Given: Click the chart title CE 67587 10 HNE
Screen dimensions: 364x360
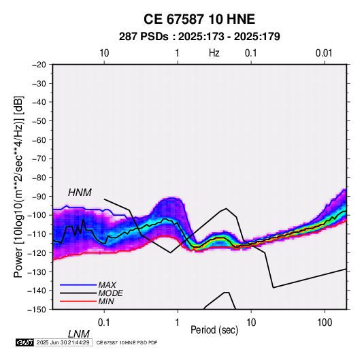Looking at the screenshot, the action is click(x=199, y=19).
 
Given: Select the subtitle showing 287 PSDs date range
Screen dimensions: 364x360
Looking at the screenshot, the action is click(x=199, y=37).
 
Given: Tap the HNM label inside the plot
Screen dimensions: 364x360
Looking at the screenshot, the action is click(x=80, y=193).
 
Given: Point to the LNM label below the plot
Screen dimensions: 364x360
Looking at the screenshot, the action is click(x=79, y=334).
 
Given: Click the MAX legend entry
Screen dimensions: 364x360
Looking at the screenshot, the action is click(x=107, y=284).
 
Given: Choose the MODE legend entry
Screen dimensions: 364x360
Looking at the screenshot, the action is click(x=110, y=293).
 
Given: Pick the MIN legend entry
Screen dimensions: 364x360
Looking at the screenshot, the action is click(x=106, y=301).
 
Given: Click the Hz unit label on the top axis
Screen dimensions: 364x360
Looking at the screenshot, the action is click(x=214, y=53).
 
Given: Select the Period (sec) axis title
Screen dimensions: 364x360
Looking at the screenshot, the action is click(x=214, y=330).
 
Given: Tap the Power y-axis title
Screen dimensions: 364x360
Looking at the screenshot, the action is click(x=18, y=187).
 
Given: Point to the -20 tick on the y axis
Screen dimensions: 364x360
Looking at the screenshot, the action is click(x=39, y=65).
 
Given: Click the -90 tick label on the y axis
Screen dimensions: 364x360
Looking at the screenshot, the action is click(x=39, y=196).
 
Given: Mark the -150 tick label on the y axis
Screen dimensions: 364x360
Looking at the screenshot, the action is click(x=37, y=310).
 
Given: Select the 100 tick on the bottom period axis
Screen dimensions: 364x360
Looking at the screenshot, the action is click(x=325, y=323).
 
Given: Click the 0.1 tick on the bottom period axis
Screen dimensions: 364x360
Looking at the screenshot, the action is click(x=104, y=323).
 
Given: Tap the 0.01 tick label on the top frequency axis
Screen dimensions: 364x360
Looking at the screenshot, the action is click(x=324, y=53).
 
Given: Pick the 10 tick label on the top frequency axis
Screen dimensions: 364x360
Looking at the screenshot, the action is click(x=104, y=53).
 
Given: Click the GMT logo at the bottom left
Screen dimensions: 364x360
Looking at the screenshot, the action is click(x=25, y=342).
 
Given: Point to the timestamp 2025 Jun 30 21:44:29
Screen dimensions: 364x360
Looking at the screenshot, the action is click(x=63, y=342).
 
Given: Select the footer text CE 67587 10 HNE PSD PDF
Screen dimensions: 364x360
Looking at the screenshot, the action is click(x=127, y=342).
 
